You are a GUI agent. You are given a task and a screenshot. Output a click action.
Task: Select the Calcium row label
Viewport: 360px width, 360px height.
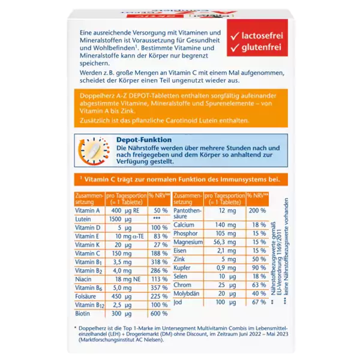pyautogui.click(x=185, y=224)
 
